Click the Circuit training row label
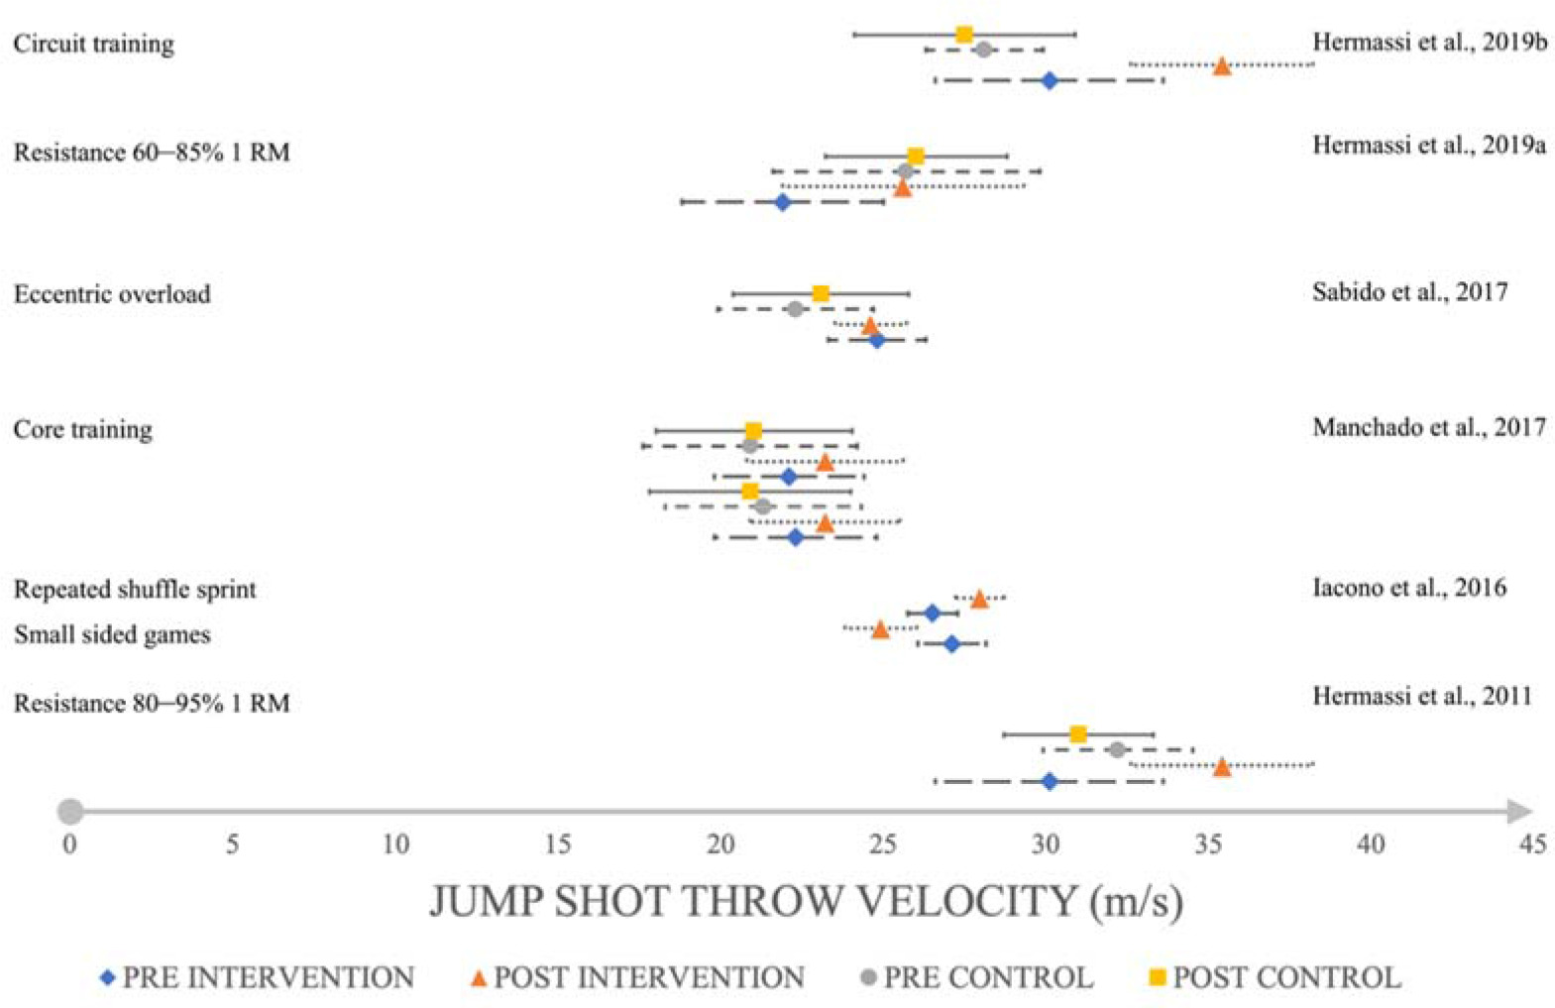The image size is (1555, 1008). (93, 44)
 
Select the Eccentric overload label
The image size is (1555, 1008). (112, 294)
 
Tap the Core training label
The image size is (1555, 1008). (83, 429)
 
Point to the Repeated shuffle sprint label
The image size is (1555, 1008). (135, 590)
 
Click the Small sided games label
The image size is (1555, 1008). (112, 634)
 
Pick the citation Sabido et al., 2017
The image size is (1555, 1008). (1409, 291)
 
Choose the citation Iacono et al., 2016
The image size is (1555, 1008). (1408, 588)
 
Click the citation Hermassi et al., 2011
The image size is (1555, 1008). (1421, 696)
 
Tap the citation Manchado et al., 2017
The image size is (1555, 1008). (1428, 427)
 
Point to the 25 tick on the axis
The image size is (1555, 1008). (882, 843)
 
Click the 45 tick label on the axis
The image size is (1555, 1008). (1532, 843)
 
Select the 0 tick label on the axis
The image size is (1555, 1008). (69, 843)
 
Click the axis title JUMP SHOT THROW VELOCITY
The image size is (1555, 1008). (806, 901)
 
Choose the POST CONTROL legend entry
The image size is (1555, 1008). (1275, 977)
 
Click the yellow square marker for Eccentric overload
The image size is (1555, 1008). (821, 293)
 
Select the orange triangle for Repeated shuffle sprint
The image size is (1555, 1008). (979, 599)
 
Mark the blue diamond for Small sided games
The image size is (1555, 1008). (951, 644)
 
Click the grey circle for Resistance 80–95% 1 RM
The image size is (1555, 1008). (1117, 749)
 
